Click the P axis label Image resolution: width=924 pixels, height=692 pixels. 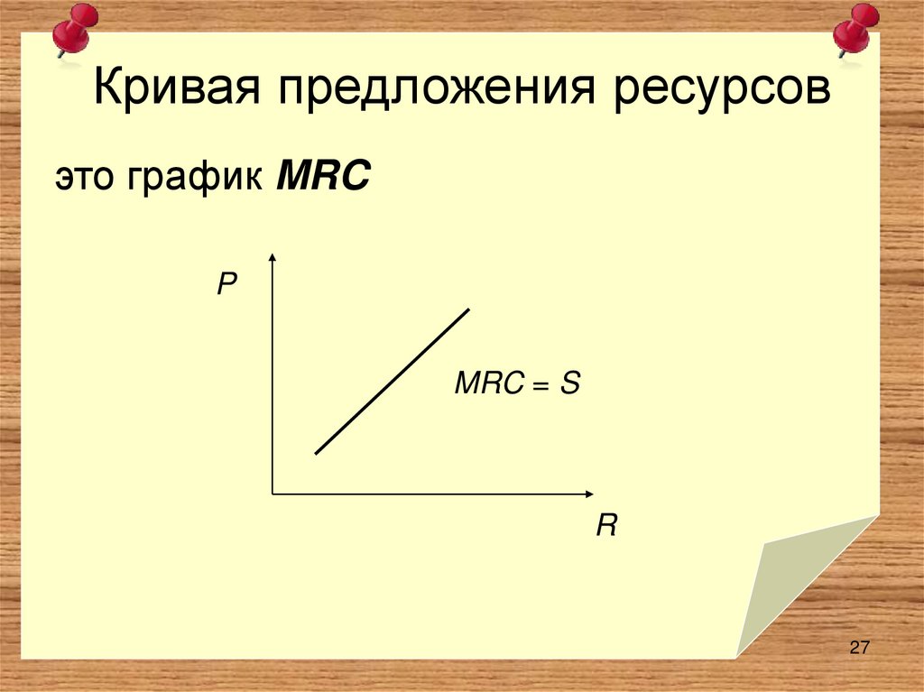[226, 287]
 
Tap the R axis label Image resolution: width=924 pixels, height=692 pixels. [605, 526]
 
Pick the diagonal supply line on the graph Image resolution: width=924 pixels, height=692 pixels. [393, 381]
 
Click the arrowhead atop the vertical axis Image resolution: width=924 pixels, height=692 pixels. [272, 261]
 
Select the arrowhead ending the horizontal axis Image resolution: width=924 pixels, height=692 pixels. [587, 494]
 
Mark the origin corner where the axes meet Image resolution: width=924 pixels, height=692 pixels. [273, 494]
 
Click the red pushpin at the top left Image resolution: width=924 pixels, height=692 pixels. [73, 30]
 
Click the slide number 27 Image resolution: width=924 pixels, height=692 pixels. [858, 647]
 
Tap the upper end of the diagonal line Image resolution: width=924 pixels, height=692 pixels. [468, 309]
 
